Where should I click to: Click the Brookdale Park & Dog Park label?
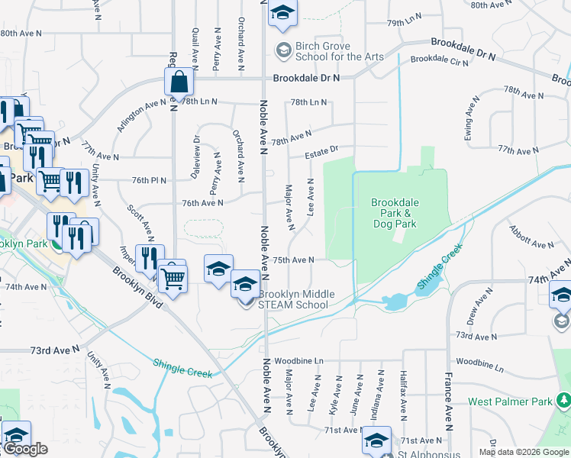pyautogui.click(x=394, y=213)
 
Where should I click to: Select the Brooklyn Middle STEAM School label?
pyautogui.click(x=293, y=299)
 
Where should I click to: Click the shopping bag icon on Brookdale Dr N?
pyautogui.click(x=178, y=81)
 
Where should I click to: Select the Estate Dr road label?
pyautogui.click(x=321, y=154)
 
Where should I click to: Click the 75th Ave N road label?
pyautogui.click(x=294, y=260)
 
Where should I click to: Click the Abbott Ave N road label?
pyautogui.click(x=532, y=238)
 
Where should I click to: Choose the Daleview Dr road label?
pyautogui.click(x=197, y=157)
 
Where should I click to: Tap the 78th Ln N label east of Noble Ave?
pyautogui.click(x=308, y=102)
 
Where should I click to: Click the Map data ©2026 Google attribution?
pyautogui.click(x=524, y=452)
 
